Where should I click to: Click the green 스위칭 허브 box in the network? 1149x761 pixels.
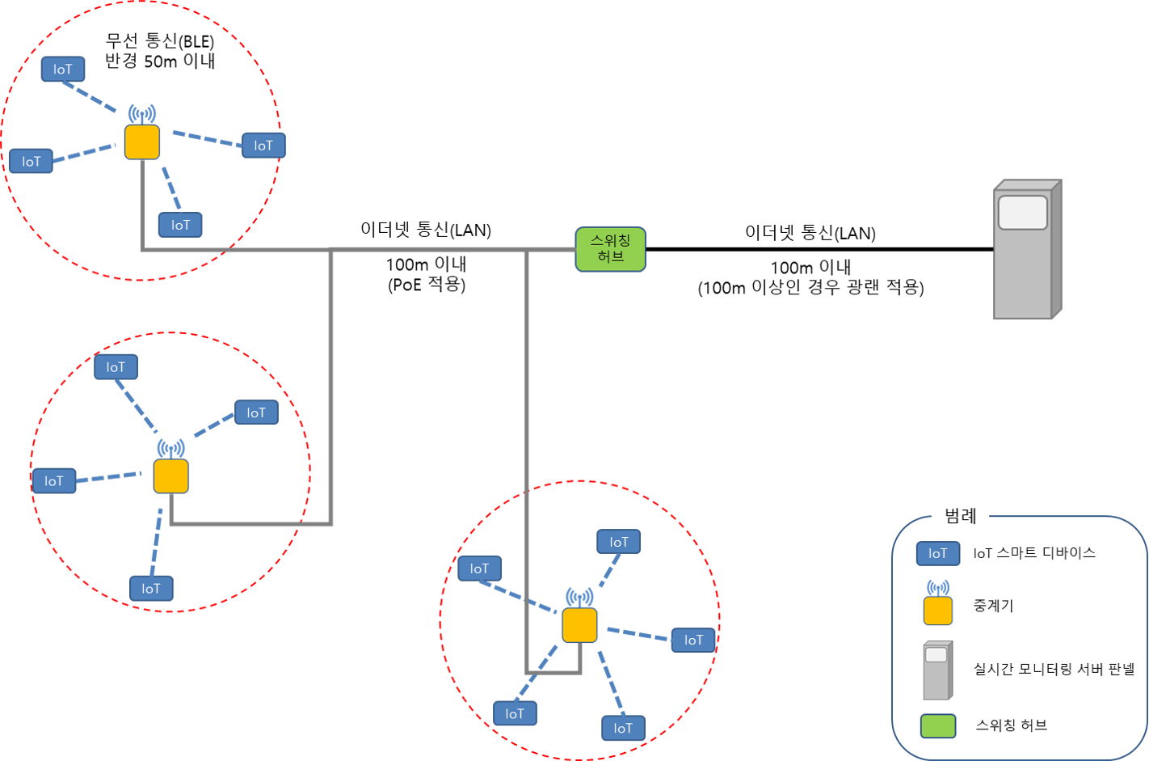point(610,249)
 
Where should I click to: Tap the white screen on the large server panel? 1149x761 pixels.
point(1022,213)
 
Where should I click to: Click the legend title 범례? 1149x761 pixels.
point(960,515)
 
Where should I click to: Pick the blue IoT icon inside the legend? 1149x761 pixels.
point(937,554)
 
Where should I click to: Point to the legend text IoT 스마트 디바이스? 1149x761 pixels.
point(1034,554)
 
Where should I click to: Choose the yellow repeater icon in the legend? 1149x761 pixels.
point(937,611)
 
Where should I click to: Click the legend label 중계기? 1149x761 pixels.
point(993,606)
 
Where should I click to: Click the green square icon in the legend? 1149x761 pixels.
point(937,726)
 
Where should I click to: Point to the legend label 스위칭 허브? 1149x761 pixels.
point(1011,725)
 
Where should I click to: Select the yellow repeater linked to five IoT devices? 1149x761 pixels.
point(579,625)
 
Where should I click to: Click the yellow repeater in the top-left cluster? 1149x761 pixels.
point(142,142)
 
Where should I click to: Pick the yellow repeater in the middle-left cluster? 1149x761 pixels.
point(170,476)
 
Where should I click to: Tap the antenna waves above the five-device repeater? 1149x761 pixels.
point(579,598)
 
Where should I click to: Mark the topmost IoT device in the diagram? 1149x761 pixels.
point(63,70)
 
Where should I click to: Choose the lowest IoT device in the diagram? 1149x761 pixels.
point(623,728)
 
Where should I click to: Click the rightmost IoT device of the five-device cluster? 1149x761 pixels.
point(693,641)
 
